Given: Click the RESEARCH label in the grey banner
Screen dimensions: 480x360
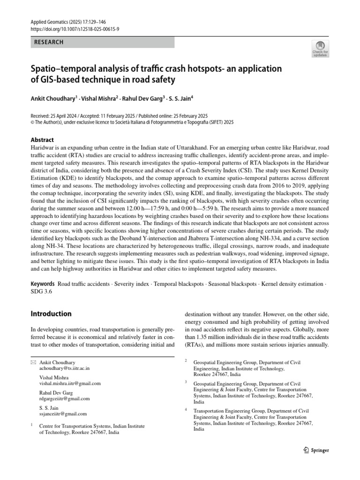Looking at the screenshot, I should coord(49,42).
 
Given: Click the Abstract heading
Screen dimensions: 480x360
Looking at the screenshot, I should coord(42,140).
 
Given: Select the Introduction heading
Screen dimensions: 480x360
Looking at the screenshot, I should coord(51,314).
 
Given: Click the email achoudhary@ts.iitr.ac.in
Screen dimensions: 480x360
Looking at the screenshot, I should coord(64,368).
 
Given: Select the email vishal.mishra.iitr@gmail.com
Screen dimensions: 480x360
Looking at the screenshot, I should coord(70,383).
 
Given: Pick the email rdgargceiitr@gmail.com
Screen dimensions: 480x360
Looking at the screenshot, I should coord(64,398).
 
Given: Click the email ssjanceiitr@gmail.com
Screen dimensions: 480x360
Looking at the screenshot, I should coord(63,414).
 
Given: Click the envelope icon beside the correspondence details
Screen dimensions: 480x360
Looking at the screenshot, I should coord(32,362).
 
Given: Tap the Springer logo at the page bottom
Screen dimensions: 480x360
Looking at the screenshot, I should coord(316,450).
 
